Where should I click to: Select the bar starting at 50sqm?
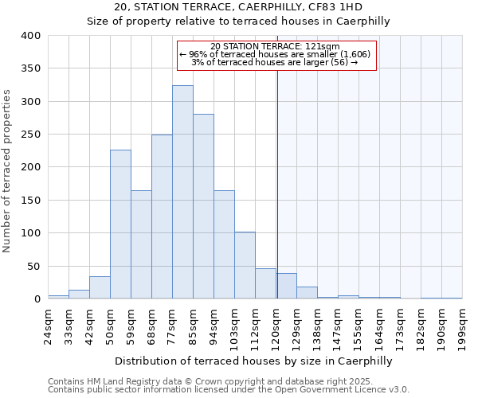(120, 224)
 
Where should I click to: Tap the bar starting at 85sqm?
(203, 206)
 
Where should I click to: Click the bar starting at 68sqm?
(162, 217)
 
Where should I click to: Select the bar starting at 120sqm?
(287, 286)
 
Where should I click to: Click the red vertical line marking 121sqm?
(277, 183)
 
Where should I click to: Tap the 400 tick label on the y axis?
(31, 36)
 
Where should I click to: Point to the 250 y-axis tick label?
(31, 135)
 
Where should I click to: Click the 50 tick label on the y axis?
(34, 266)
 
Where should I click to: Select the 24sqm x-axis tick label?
(48, 326)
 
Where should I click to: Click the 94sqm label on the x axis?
(214, 326)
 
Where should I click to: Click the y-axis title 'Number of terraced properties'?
(7, 170)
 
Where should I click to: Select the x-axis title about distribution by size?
(254, 361)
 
